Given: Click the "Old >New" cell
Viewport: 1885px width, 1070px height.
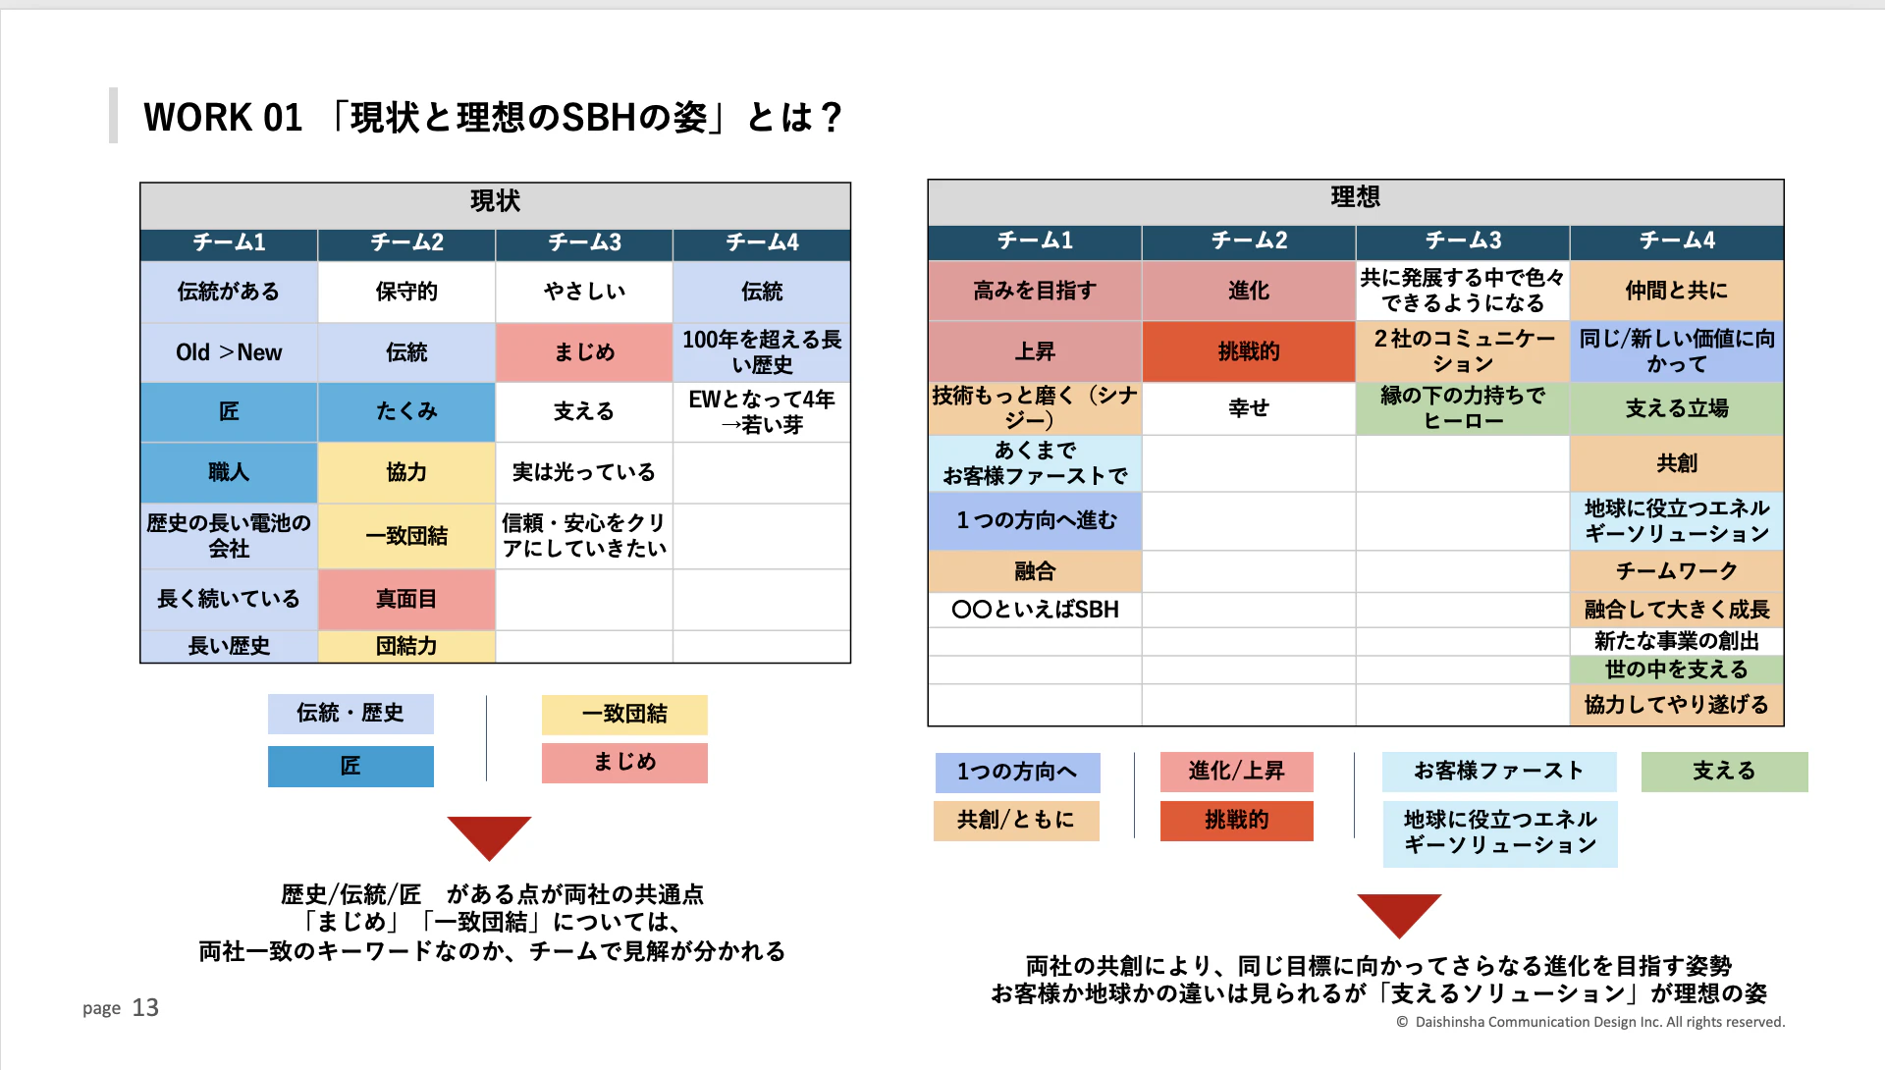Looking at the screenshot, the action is point(229,352).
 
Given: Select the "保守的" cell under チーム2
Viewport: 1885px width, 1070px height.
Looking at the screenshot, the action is point(406,292).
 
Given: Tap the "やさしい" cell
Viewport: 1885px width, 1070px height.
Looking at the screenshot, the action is point(584,292).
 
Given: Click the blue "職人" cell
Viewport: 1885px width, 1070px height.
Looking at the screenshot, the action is point(229,472).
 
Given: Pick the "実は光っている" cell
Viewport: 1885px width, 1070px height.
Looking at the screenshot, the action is point(584,472).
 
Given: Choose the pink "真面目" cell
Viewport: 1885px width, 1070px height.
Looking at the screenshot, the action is point(406,599).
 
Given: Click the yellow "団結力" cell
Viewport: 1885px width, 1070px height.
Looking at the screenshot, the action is point(406,646).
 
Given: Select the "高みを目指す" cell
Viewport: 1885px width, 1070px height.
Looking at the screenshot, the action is point(1035,291).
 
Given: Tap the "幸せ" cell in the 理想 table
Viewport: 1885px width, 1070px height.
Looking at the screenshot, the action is point(1249,408).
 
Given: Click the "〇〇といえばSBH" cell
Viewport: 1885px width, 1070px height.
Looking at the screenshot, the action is point(1035,610).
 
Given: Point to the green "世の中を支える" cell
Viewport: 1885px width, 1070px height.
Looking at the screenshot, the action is point(1677,669).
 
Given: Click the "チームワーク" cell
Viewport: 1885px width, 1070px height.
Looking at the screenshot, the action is point(1677,570).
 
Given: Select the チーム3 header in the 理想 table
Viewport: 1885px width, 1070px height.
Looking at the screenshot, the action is point(1463,241).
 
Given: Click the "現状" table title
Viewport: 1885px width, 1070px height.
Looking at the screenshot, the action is point(495,202).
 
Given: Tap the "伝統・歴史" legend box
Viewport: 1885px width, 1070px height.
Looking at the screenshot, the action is point(350,714).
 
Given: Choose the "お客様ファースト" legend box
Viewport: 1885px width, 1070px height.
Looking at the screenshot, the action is point(1499,772).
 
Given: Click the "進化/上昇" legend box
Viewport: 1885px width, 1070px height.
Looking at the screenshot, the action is point(1236,772).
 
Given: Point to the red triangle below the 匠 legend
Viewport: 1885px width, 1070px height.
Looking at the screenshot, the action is point(489,834).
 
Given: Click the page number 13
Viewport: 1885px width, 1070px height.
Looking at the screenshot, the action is point(145,1008).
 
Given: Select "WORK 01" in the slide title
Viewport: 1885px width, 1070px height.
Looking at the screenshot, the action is point(223,118).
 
